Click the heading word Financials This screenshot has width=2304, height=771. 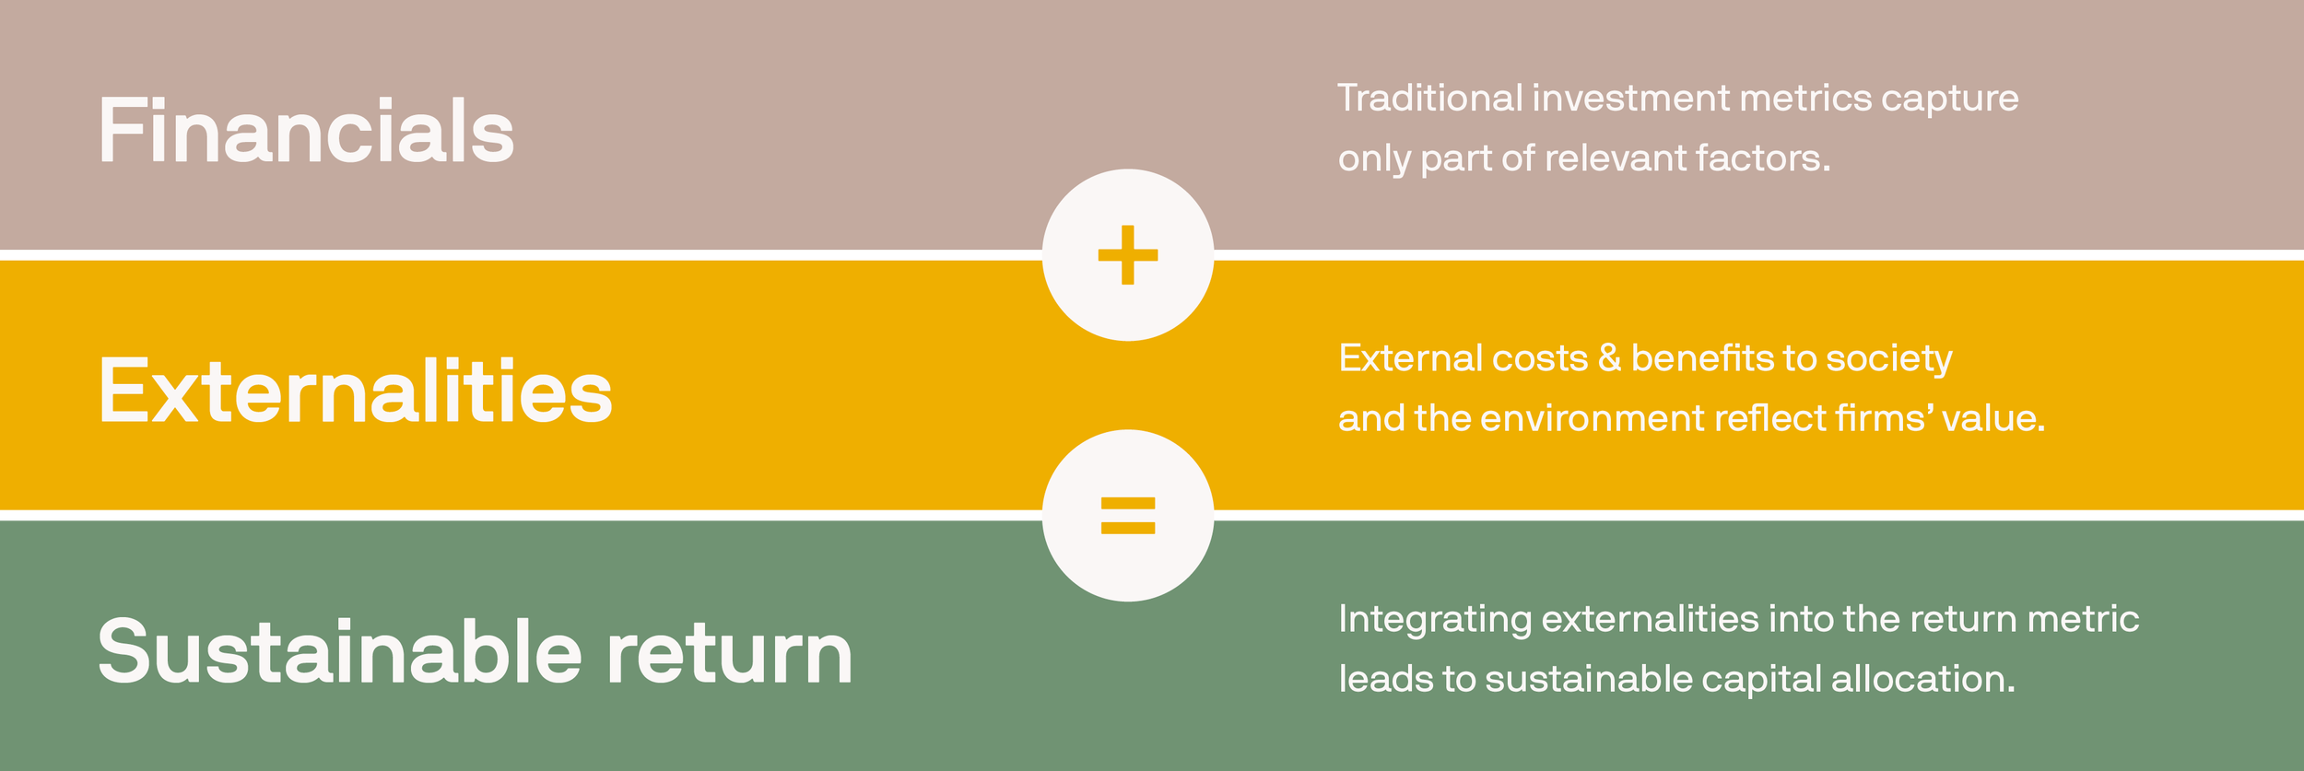306,132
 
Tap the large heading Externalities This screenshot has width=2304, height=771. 355,392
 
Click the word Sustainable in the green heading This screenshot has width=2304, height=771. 339,652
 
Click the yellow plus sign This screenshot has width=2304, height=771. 1127,255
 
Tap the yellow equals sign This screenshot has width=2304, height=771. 1127,516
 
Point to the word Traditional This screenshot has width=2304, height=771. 1429,99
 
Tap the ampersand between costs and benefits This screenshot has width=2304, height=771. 1609,358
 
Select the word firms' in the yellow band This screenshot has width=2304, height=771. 1884,419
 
